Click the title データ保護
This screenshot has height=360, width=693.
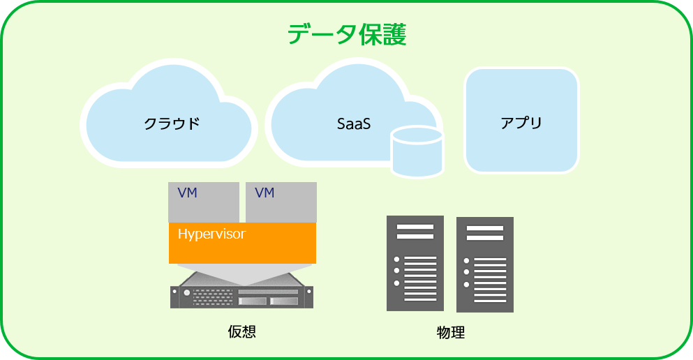(347, 34)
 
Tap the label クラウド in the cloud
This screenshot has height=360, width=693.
(172, 123)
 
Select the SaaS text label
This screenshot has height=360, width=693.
(354, 123)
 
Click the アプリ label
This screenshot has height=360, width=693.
(521, 122)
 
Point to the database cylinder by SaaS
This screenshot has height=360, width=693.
(417, 152)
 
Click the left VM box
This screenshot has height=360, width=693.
(204, 202)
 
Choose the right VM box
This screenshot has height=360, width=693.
(281, 202)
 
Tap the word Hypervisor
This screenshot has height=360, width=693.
(211, 234)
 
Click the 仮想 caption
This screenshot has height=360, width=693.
(241, 331)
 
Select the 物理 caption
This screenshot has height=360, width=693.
(451, 332)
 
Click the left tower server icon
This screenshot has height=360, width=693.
(415, 263)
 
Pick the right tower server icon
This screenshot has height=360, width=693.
(485, 264)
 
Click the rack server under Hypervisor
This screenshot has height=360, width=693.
(241, 290)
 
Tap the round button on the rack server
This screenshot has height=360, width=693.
(186, 292)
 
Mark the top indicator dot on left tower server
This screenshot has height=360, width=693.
(396, 260)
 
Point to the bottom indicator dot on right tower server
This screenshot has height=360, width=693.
(466, 285)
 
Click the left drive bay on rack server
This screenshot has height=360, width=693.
(253, 301)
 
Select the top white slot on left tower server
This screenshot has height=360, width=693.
(415, 227)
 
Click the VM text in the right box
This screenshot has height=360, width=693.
(264, 193)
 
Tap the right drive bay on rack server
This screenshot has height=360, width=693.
(284, 301)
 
